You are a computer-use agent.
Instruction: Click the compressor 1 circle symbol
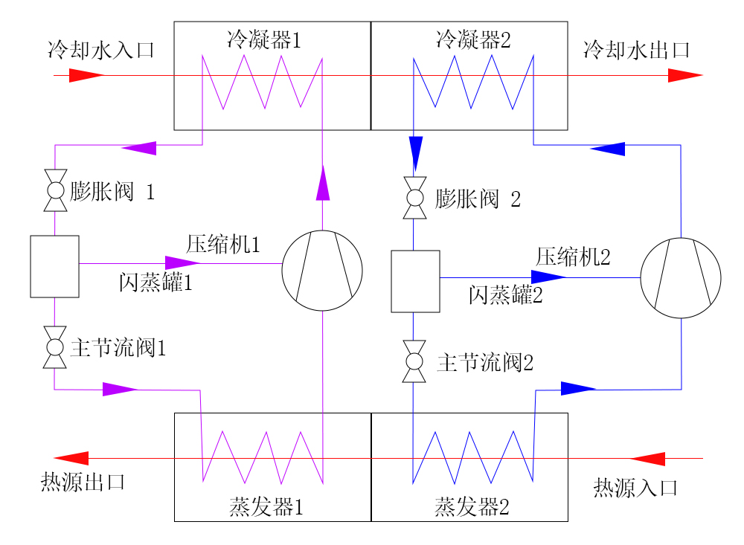pyautogui.click(x=322, y=271)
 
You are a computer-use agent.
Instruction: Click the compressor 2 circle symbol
pyautogui.click(x=681, y=277)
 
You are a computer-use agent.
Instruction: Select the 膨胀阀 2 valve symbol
pyautogui.click(x=414, y=199)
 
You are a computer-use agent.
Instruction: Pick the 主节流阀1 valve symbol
pyautogui.click(x=54, y=347)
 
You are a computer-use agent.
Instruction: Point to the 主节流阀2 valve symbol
pyautogui.click(x=414, y=362)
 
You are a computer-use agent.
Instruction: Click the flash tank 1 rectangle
pyautogui.click(x=54, y=266)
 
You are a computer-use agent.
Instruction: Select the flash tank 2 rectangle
pyautogui.click(x=415, y=281)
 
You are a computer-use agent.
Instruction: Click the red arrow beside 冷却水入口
pyautogui.click(x=86, y=75)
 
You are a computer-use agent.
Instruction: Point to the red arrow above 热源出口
pyautogui.click(x=72, y=458)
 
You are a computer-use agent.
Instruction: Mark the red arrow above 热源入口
pyautogui.click(x=647, y=458)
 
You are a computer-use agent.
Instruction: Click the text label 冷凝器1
pyautogui.click(x=264, y=39)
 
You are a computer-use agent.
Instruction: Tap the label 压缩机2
pyautogui.click(x=573, y=257)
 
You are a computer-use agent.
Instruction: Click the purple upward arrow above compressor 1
pyautogui.click(x=322, y=183)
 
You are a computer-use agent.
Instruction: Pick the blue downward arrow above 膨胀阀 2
pyautogui.click(x=414, y=152)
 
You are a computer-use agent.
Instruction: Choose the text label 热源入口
pyautogui.click(x=636, y=488)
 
